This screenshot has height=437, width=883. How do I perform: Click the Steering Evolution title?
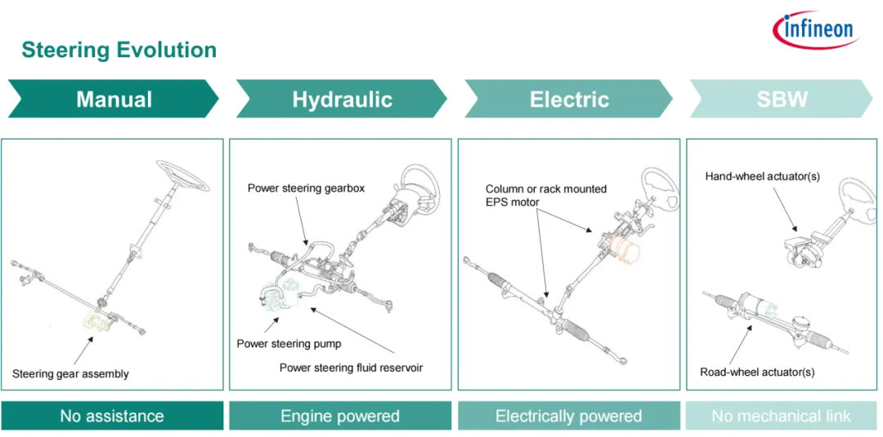(119, 50)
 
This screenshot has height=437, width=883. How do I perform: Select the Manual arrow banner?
(114, 100)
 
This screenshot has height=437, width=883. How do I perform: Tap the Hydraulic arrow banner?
(342, 100)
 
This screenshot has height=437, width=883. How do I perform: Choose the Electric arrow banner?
(569, 100)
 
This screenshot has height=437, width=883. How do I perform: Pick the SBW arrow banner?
(782, 100)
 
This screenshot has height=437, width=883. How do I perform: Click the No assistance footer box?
(112, 416)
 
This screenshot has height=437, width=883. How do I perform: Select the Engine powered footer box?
(340, 416)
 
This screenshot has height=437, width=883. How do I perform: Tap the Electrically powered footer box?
(568, 416)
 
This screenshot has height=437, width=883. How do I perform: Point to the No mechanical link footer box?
(781, 416)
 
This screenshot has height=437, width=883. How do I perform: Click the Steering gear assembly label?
(70, 374)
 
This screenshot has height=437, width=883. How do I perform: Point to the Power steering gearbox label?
(306, 189)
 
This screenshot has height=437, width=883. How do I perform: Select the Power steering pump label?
(289, 344)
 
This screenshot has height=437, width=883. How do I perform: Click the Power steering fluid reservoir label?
(351, 368)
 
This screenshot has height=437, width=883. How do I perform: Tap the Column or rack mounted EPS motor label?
(546, 195)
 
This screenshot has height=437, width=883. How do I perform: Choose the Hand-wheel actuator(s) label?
(762, 176)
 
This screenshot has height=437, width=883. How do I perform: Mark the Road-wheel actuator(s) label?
(757, 372)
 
